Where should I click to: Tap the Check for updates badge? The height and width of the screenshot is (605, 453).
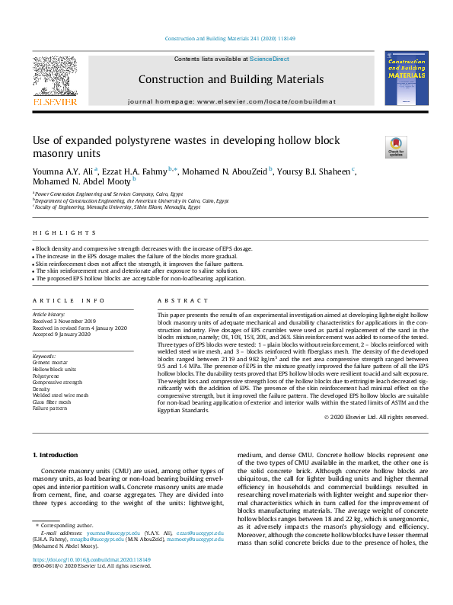pyautogui.click(x=396, y=146)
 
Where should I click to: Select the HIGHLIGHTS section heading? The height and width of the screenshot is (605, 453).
pyautogui.click(x=65, y=232)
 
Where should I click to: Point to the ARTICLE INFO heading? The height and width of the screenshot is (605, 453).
pyautogui.click(x=69, y=301)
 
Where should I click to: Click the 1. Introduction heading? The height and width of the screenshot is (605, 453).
pyautogui.click(x=59, y=454)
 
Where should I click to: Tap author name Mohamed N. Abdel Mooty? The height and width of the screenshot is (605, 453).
pyautogui.click(x=81, y=182)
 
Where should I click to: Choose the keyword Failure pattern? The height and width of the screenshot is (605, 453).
pyautogui.click(x=51, y=408)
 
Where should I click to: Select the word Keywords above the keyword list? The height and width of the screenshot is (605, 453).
pyautogui.click(x=45, y=356)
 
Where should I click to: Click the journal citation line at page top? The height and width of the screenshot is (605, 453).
pyautogui.click(x=230, y=39)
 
